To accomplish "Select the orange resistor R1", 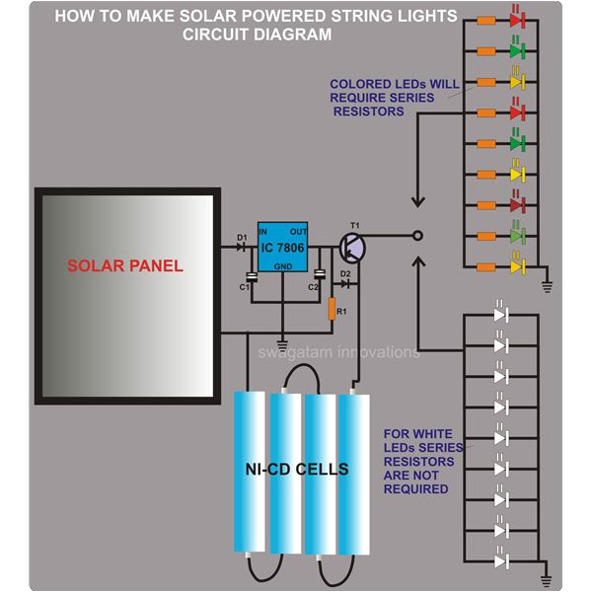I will pyautogui.click(x=332, y=309).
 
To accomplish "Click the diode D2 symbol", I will pyautogui.click(x=344, y=282).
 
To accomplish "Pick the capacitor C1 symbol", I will pyautogui.click(x=252, y=279).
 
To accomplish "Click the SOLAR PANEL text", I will pyautogui.click(x=125, y=266).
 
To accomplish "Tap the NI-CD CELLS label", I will pyautogui.click(x=299, y=470).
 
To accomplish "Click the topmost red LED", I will pyautogui.click(x=514, y=20).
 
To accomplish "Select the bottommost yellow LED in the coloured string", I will pyautogui.click(x=514, y=266).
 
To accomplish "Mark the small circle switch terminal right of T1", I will pyautogui.click(x=416, y=236).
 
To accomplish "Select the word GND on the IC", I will pyautogui.click(x=284, y=266).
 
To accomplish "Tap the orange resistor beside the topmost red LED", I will pyautogui.click(x=484, y=20).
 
